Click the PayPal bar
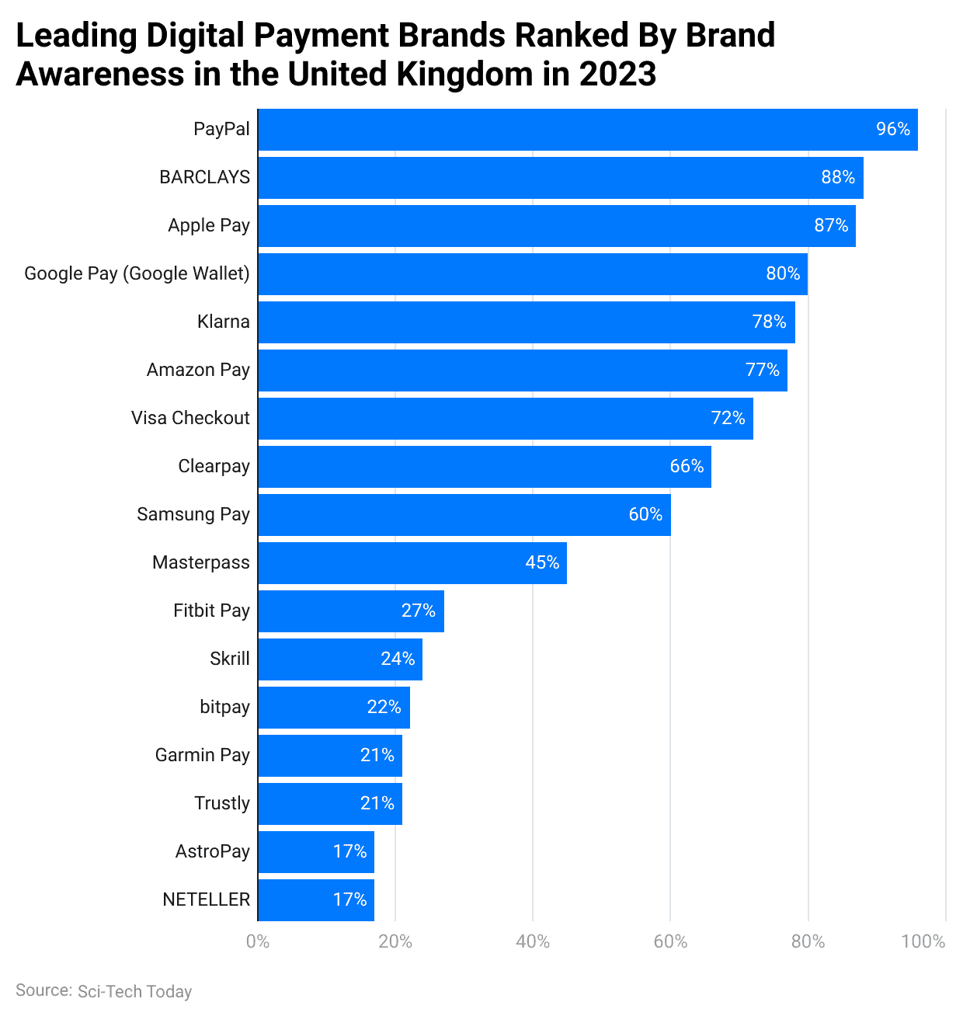(587, 130)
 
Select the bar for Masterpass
(412, 563)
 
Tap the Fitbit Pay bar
(351, 611)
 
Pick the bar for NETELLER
(316, 900)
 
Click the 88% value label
(838, 177)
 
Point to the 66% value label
(687, 466)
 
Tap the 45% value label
(542, 562)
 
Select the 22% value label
(384, 707)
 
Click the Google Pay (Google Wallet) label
(137, 273)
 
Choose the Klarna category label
(224, 322)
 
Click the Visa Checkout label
(190, 418)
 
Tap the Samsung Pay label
(193, 514)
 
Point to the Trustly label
(222, 803)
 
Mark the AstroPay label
(213, 851)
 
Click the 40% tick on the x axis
(533, 941)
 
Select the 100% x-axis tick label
(923, 941)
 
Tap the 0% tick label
(258, 941)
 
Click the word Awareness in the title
(100, 75)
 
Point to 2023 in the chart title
(617, 75)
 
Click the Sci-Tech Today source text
(134, 992)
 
